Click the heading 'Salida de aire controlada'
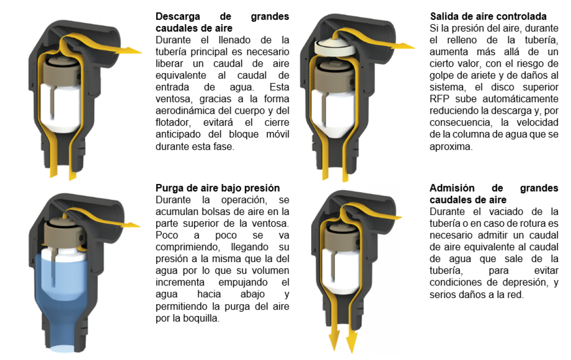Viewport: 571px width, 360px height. (488, 17)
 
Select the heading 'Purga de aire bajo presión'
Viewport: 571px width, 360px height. (218, 188)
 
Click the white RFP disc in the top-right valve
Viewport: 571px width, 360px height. (334, 48)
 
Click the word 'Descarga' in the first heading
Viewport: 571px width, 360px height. (178, 17)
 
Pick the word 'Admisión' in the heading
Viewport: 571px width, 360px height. (452, 188)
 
